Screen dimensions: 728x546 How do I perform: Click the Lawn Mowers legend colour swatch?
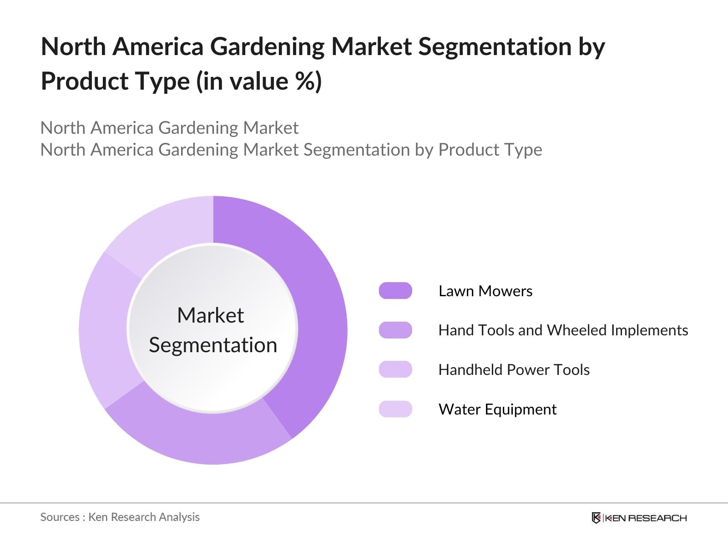[395, 291]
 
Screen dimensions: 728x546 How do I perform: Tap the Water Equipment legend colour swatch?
[395, 409]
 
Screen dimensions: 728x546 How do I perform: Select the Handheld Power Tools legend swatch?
[395, 369]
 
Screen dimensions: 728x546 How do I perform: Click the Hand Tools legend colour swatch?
[395, 330]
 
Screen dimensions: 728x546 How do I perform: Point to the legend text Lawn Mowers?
[485, 291]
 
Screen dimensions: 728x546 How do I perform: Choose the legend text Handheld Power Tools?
[514, 369]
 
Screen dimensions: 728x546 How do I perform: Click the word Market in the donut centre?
[211, 315]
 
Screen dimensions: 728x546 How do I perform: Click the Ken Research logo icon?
[596, 518]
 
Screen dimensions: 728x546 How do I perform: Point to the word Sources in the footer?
[60, 517]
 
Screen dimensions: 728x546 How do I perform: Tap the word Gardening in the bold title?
[267, 47]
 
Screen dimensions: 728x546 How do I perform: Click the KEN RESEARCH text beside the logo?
[646, 518]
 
